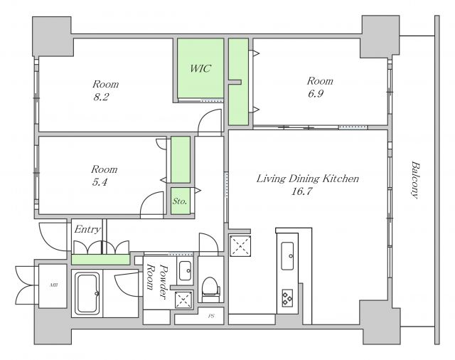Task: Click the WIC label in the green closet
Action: [200, 68]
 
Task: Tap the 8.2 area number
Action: [101, 97]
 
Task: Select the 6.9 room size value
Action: [316, 93]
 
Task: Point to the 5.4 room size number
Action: [100, 182]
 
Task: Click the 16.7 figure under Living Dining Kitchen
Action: [301, 191]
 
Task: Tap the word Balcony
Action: [415, 180]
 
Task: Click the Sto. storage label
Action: [180, 201]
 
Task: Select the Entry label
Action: [87, 229]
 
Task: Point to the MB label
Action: [53, 285]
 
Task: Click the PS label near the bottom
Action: [211, 316]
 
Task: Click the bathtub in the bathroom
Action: [87, 293]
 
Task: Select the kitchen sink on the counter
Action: [287, 256]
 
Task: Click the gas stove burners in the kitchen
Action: [287, 298]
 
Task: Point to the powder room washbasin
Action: [185, 270]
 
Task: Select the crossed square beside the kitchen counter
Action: [240, 246]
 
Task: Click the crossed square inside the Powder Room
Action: [183, 299]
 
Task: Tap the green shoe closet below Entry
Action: [100, 259]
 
